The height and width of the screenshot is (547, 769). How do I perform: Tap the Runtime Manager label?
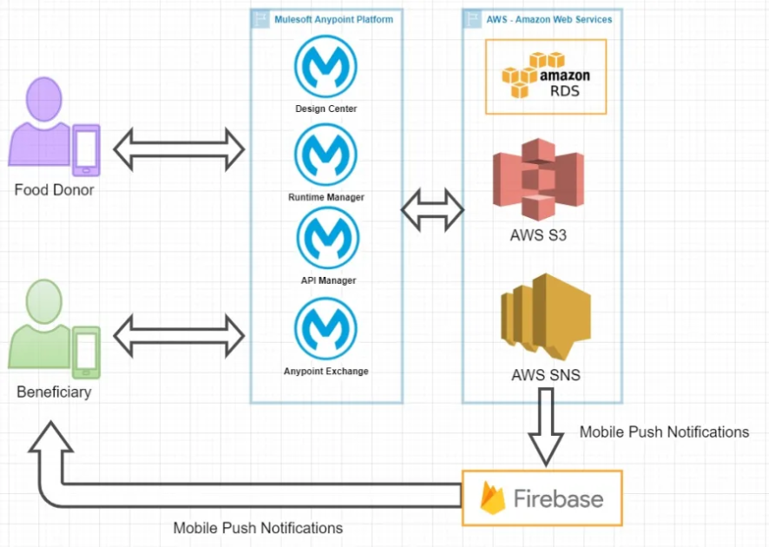click(326, 197)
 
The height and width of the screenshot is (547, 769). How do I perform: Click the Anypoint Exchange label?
click(326, 372)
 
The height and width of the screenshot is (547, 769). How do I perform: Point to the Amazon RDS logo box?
click(545, 82)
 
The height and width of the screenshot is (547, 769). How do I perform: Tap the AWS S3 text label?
click(538, 235)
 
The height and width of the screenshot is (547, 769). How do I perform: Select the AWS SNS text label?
click(545, 376)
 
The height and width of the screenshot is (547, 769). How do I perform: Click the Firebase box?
click(542, 498)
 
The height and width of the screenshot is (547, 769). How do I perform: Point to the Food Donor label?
click(55, 189)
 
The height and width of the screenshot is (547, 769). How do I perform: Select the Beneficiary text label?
click(54, 392)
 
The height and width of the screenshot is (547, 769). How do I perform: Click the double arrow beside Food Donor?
click(180, 148)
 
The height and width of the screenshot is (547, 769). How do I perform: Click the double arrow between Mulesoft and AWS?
click(432, 208)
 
